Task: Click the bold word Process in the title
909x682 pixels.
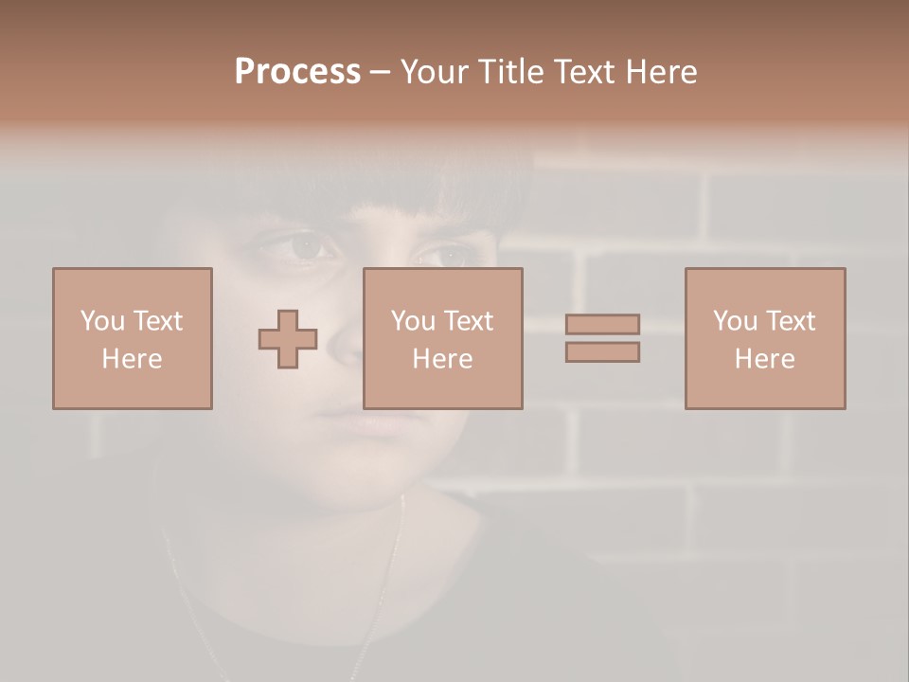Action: (x=297, y=72)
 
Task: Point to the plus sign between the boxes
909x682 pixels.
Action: (x=288, y=339)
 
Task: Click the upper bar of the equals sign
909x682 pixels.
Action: (x=602, y=324)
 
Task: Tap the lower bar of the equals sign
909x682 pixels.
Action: (x=602, y=352)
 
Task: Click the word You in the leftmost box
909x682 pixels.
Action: (x=102, y=321)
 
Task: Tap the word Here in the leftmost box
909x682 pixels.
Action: (x=133, y=359)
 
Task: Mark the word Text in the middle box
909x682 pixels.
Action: (x=468, y=321)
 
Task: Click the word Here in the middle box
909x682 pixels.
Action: (x=443, y=359)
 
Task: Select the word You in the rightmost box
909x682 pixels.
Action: (x=735, y=321)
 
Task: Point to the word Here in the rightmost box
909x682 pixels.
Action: (x=765, y=359)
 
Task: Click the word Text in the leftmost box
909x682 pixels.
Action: (x=157, y=321)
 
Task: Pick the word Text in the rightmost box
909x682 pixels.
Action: (x=790, y=321)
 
